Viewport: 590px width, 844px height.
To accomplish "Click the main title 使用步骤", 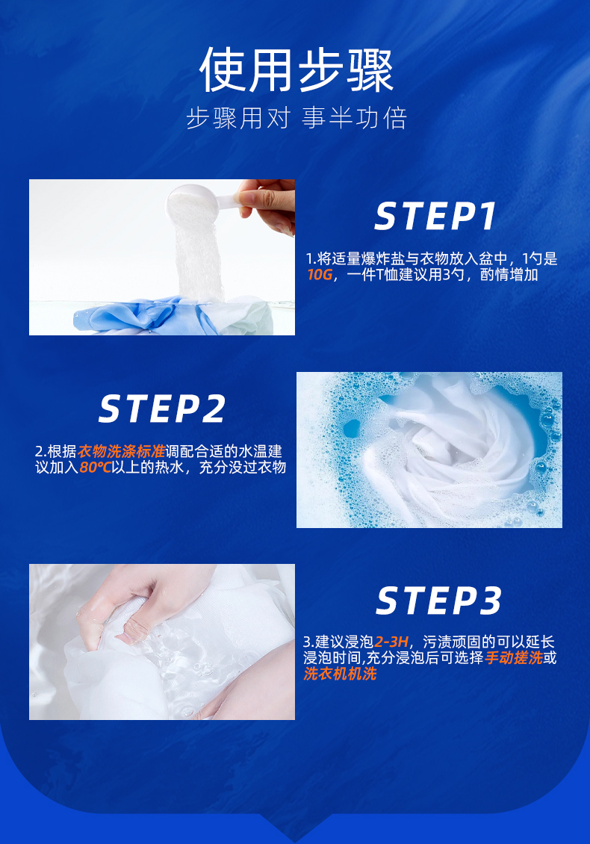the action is tap(296, 70).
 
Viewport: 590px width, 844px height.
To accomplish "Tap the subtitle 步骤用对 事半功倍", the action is tap(296, 118).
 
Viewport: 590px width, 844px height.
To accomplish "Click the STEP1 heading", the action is tap(435, 217).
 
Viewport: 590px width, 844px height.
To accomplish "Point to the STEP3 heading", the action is tap(438, 601).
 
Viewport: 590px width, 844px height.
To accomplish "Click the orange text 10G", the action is tap(320, 275).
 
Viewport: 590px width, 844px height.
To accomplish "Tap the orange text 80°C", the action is tap(95, 468).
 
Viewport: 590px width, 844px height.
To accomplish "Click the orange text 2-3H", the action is tap(391, 642).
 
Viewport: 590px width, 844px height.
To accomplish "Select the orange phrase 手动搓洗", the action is tap(514, 658).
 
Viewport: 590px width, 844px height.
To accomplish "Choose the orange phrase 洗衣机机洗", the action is tap(340, 674).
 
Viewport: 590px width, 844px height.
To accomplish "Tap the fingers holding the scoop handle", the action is tap(267, 205).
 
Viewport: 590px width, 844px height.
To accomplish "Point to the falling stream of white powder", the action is tap(198, 258).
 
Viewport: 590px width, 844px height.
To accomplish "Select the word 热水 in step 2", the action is tap(170, 468).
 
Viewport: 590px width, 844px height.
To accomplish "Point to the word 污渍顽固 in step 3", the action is tap(452, 642).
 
